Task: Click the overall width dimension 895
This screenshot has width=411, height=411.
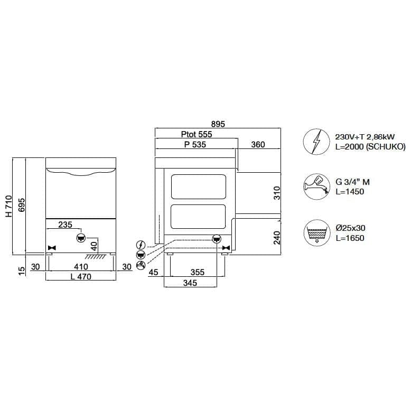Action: pyautogui.click(x=218, y=124)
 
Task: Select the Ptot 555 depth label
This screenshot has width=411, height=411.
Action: pyautogui.click(x=197, y=134)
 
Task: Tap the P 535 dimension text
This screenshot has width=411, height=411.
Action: pyautogui.click(x=195, y=144)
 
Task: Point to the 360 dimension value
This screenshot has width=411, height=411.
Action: pyautogui.click(x=258, y=144)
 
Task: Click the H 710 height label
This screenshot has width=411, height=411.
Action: pyautogui.click(x=9, y=206)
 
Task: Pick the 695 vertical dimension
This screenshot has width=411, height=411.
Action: pyautogui.click(x=22, y=205)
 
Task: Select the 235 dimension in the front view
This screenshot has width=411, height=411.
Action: pyautogui.click(x=65, y=225)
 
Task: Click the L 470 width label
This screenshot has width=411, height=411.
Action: pyautogui.click(x=81, y=276)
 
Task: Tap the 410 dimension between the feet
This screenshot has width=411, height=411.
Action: pyautogui.click(x=81, y=267)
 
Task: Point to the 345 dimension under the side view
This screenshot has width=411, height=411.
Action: pyautogui.click(x=190, y=283)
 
